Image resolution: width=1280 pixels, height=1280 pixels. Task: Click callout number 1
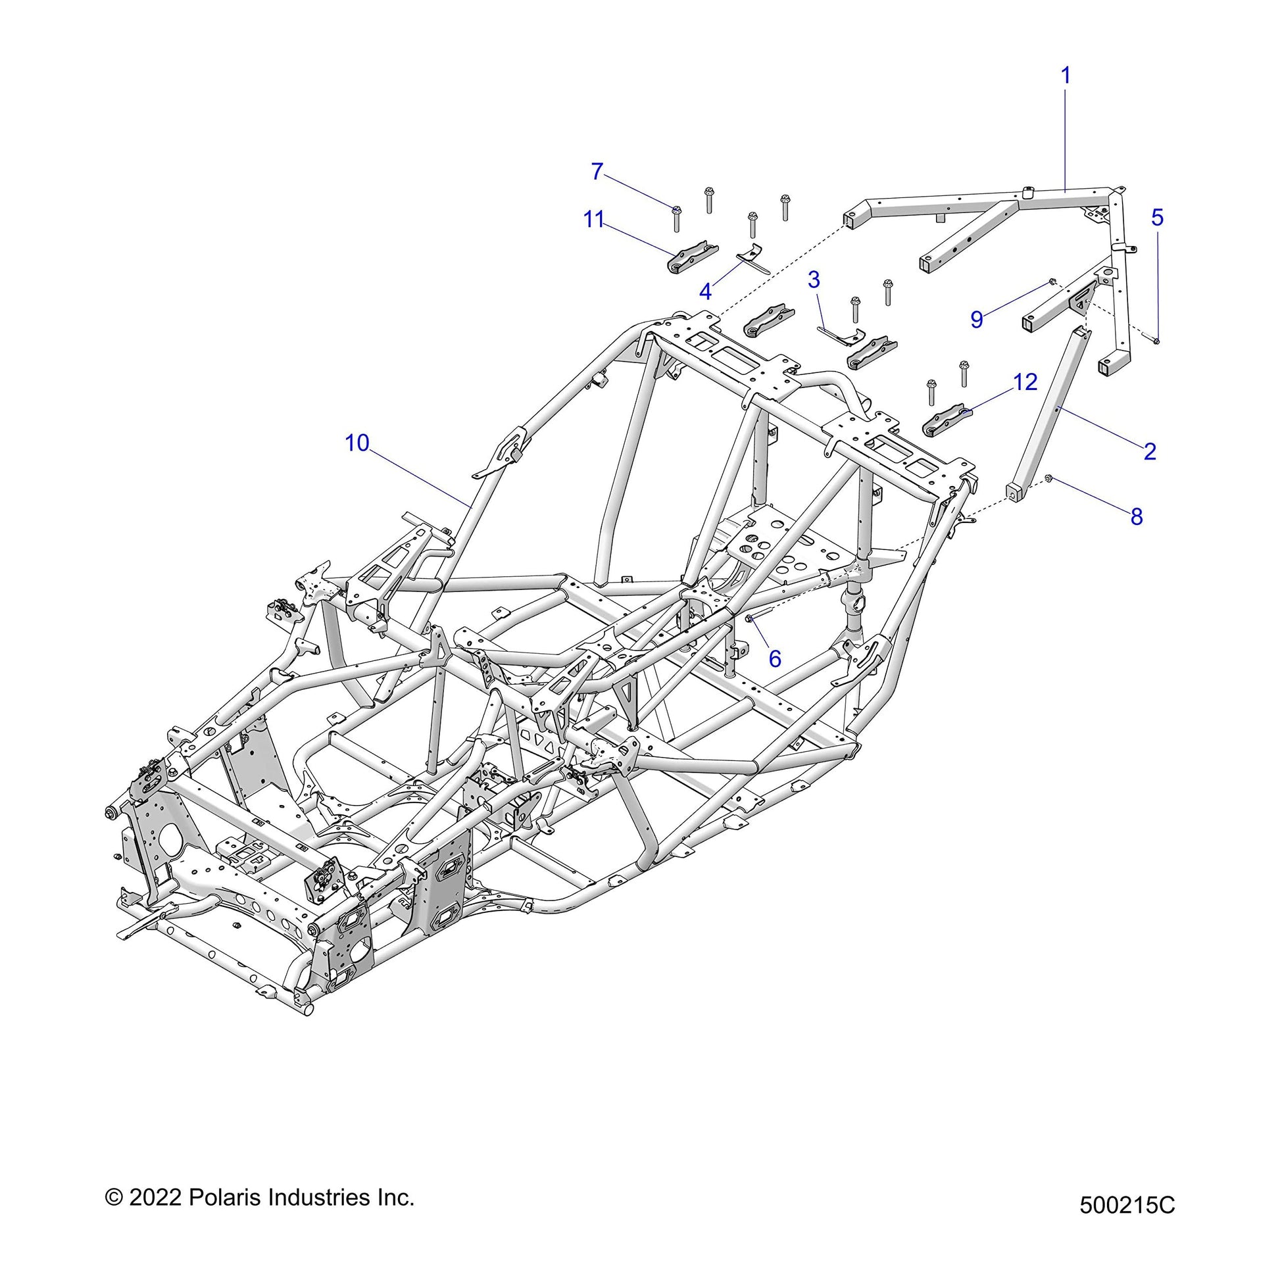tap(1066, 77)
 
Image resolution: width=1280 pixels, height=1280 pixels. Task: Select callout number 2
tap(1150, 451)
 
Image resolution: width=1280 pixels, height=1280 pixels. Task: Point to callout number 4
tap(706, 291)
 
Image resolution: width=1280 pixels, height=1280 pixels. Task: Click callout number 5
tap(1157, 217)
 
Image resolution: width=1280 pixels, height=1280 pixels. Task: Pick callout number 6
tap(774, 658)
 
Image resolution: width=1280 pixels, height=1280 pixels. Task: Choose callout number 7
tap(597, 172)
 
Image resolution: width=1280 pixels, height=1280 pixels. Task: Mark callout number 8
tap(1137, 517)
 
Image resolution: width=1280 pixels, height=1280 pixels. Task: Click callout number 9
tap(977, 318)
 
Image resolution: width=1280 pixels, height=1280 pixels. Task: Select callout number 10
tap(357, 443)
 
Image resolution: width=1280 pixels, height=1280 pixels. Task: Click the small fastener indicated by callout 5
tap(1155, 341)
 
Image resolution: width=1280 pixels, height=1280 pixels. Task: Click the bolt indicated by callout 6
tap(749, 619)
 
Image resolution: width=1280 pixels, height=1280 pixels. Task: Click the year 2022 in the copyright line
tap(155, 1198)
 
